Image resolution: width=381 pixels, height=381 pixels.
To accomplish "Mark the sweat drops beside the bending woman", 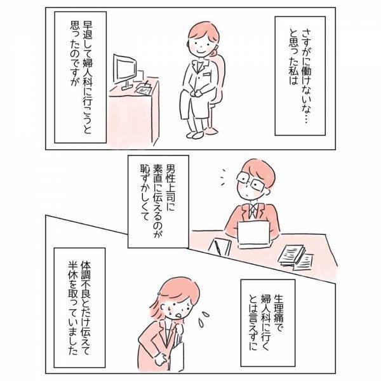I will click(205, 311).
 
